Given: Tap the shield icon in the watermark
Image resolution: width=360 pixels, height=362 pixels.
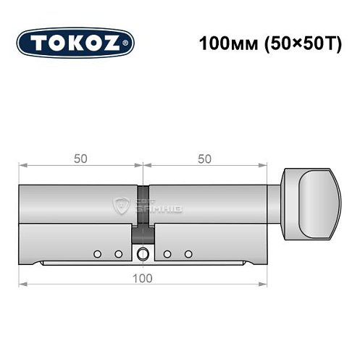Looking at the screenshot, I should [x=122, y=206].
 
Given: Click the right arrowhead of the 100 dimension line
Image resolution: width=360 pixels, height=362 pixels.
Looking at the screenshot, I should [x=265, y=284].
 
